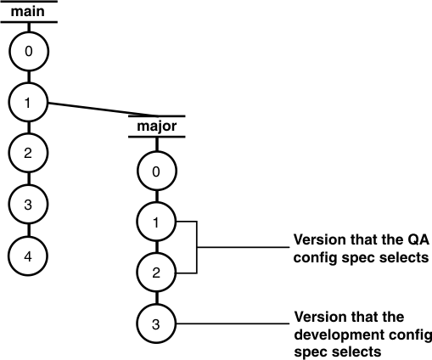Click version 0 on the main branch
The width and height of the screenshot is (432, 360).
click(29, 53)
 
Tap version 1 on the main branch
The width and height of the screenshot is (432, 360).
click(29, 103)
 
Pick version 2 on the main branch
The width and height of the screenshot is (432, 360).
click(29, 153)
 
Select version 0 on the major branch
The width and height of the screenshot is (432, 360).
click(156, 172)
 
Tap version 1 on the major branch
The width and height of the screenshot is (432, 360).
click(156, 222)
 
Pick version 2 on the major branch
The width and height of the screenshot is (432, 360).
click(156, 273)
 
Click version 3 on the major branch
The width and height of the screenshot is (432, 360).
click(156, 323)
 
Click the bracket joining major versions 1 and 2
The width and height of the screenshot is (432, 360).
click(196, 248)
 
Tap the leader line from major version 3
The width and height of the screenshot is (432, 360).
click(229, 323)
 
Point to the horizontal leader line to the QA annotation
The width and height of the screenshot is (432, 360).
click(242, 248)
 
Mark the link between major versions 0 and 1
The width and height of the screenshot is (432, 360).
click(156, 197)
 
